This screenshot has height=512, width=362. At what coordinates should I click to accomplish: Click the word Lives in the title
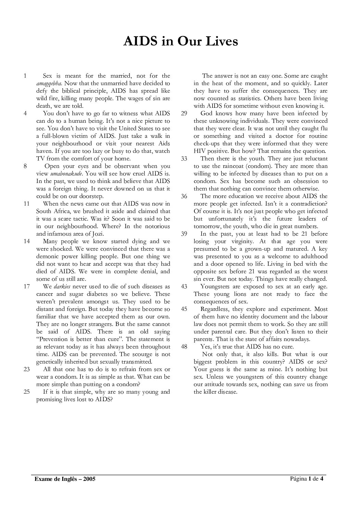coord(220,41)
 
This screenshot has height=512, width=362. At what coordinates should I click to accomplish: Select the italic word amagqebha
coord(49,83)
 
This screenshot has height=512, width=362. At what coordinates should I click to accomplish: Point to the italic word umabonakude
coord(66,174)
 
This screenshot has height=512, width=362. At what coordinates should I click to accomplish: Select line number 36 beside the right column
coord(184,196)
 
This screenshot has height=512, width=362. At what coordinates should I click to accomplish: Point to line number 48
coord(184,347)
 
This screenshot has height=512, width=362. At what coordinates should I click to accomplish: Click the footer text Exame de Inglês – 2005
coord(65,479)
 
